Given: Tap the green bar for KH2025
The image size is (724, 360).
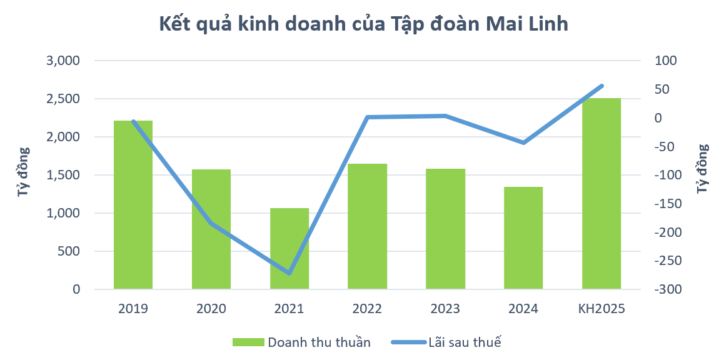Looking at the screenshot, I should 601,194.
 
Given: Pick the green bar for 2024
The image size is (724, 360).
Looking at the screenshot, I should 523,237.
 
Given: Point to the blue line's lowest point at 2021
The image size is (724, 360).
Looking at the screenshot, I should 289,273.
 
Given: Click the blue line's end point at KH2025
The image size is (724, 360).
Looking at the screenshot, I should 601,86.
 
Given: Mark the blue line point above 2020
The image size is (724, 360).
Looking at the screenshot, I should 211,223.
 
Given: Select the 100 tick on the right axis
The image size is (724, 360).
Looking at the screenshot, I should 665,61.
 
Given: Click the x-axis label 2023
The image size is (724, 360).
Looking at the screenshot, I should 445,309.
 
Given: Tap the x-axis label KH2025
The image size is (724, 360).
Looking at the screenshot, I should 601,309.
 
